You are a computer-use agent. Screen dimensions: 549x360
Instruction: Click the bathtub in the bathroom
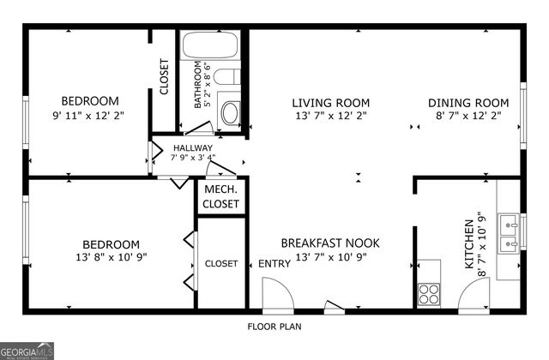pos(210,45)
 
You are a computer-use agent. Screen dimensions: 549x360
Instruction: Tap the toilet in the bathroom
pos(226,76)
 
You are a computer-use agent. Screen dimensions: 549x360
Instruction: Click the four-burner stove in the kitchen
pos(429,293)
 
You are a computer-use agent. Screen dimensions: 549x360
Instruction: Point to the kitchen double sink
pos(509,232)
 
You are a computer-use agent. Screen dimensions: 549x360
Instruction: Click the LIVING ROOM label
pos(331,103)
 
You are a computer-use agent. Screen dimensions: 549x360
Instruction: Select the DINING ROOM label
pos(468,103)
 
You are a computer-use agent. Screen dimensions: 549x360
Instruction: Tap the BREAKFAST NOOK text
pos(330,243)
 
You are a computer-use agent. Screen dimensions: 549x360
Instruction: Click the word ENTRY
pos(274,264)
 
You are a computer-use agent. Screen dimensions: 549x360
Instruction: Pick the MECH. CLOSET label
pos(221,196)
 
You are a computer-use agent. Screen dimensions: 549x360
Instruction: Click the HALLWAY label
pos(193,148)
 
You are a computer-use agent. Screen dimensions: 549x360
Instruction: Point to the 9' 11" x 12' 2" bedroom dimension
pos(88,116)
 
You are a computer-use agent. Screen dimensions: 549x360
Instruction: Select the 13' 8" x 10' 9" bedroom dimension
pos(111,257)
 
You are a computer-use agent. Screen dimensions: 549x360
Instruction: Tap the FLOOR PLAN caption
pos(274,327)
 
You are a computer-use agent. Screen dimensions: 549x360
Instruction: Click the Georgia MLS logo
pos(27,351)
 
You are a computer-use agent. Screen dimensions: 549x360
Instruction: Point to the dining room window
pos(523,116)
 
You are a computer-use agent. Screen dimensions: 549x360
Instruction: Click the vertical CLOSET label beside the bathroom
pos(164,76)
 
